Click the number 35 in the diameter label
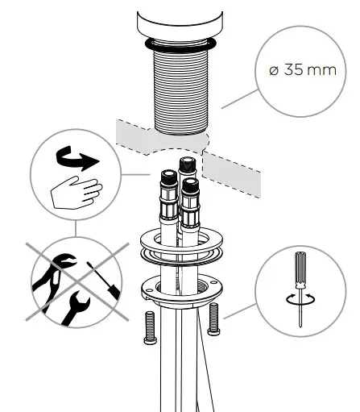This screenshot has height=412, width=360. [295, 69]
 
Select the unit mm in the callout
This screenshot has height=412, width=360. [322, 69]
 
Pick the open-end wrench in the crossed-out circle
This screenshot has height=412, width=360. [76, 306]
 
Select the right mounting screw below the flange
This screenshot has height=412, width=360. [213, 320]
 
